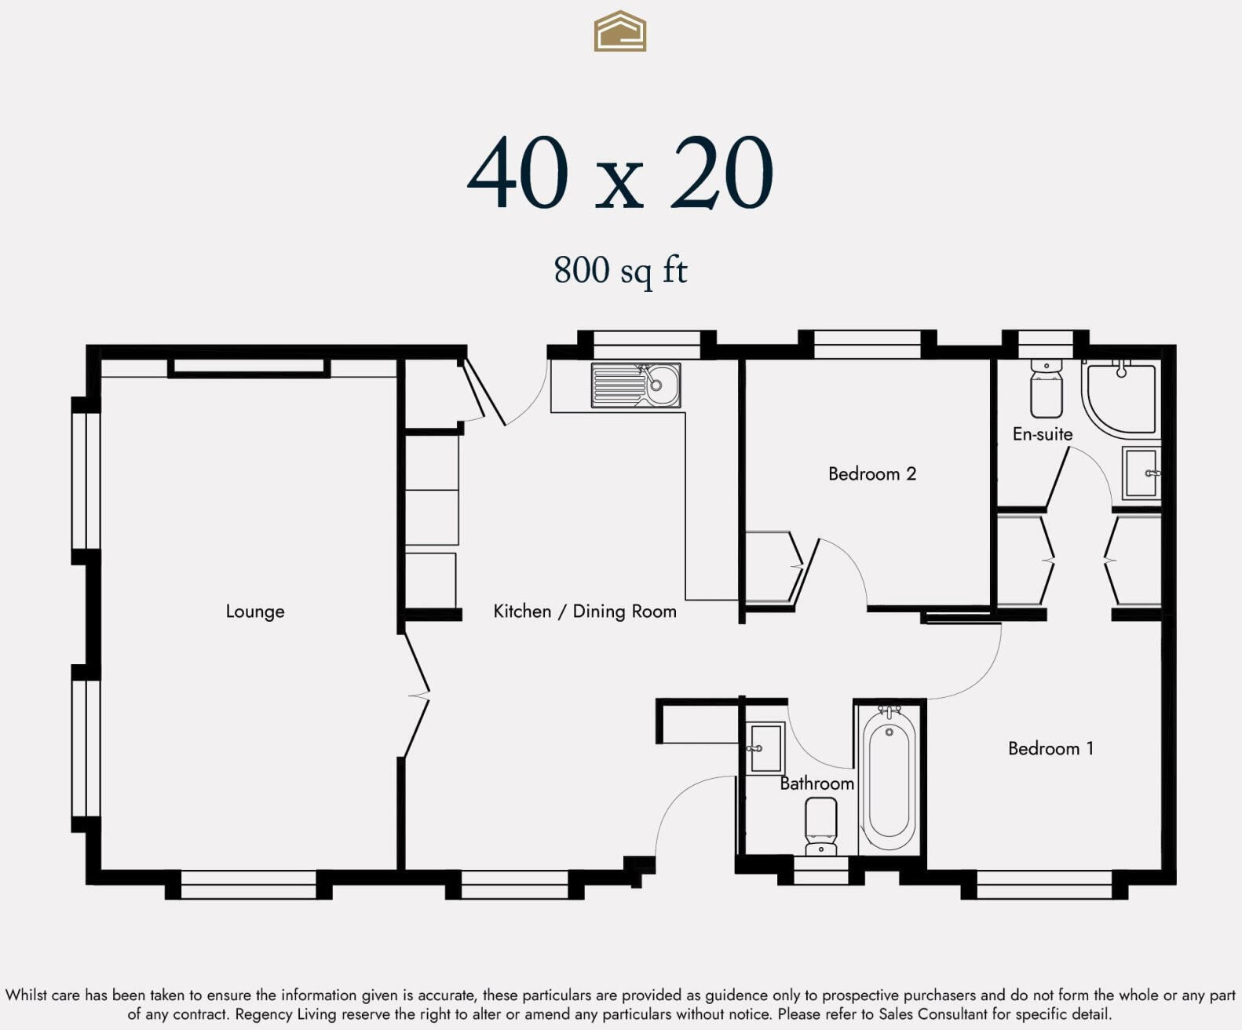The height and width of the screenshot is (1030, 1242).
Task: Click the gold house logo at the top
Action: [x=619, y=31]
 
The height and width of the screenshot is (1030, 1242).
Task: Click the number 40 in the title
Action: [x=518, y=172]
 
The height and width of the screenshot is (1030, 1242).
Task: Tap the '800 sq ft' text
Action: [x=620, y=271]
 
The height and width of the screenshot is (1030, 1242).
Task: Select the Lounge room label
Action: [x=255, y=612]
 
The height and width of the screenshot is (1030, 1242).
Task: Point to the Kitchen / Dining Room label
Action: [x=585, y=612]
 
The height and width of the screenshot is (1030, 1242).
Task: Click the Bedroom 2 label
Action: [x=872, y=474]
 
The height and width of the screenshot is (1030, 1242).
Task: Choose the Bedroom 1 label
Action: [x=1050, y=748]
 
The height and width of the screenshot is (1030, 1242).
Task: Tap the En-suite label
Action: [x=1043, y=434]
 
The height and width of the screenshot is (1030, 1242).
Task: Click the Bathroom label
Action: [x=816, y=783]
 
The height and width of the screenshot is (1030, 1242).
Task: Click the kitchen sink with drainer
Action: [x=636, y=385]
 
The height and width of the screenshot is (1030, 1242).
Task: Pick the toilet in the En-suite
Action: [x=1047, y=387]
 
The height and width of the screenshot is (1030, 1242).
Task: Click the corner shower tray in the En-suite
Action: [x=1120, y=397]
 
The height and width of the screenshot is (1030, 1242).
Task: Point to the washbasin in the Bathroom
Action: [x=765, y=748]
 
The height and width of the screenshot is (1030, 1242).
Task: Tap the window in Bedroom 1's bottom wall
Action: [x=1044, y=884]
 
